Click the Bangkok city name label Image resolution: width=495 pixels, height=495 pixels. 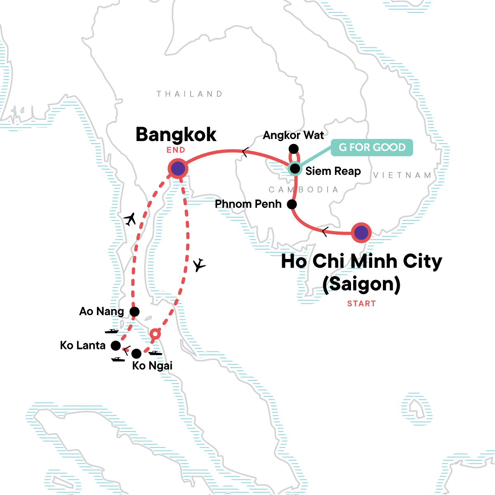[x=176, y=134]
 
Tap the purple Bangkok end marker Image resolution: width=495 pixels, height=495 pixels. [x=178, y=169]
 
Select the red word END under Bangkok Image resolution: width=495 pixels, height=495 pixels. [x=176, y=150]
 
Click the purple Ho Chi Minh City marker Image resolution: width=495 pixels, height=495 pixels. [x=361, y=233]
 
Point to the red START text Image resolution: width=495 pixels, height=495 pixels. [x=361, y=304]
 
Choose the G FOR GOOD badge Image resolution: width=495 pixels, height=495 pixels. [x=372, y=147]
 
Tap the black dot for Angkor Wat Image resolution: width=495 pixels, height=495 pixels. [x=293, y=149]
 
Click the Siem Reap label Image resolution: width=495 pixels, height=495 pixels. [x=333, y=171]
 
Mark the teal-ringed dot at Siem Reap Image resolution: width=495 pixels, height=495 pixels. [x=295, y=169]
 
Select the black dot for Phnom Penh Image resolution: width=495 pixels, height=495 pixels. [x=292, y=204]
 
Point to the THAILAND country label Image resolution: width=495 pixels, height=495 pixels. [x=189, y=94]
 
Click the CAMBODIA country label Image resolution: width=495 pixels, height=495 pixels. [x=303, y=190]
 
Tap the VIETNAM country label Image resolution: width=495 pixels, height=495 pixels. [x=402, y=175]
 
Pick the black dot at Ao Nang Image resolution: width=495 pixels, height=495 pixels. [x=134, y=311]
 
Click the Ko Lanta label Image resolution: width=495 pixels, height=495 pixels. [x=82, y=345]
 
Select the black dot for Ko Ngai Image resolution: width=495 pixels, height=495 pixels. [x=136, y=354]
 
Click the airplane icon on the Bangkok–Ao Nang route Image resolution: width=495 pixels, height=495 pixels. [x=130, y=219]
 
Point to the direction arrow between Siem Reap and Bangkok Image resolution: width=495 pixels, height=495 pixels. [x=245, y=153]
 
